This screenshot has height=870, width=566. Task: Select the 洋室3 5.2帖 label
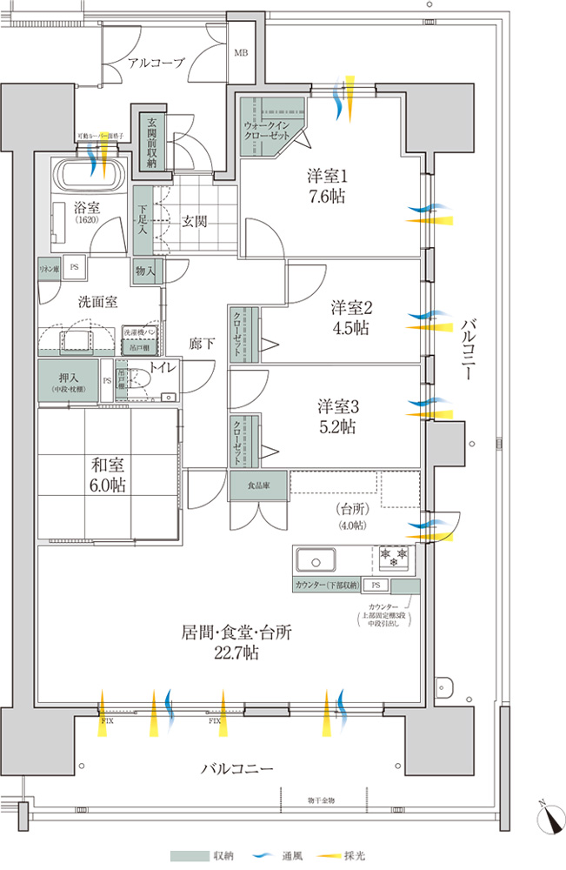(336, 416)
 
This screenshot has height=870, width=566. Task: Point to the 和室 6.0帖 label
(106, 476)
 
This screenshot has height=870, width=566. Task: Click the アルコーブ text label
(156, 63)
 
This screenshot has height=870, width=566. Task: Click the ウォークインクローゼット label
(270, 130)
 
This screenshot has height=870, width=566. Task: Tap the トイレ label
(163, 368)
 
